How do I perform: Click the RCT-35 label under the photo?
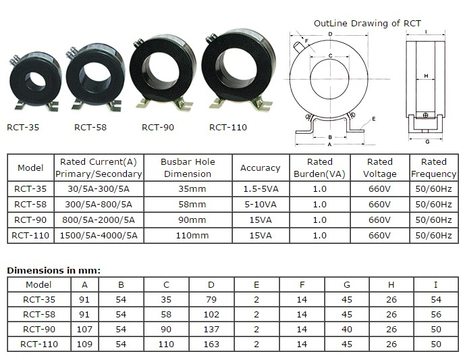tap(23, 128)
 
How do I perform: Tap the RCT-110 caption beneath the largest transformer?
tap(228, 128)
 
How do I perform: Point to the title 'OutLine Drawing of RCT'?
tap(367, 24)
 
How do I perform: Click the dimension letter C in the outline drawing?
tap(330, 56)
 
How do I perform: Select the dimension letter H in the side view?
tap(426, 76)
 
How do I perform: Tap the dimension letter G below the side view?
tap(427, 142)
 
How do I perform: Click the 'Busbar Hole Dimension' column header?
tap(188, 168)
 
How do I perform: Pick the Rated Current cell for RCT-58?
tap(99, 205)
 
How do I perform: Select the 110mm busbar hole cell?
tap(192, 236)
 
